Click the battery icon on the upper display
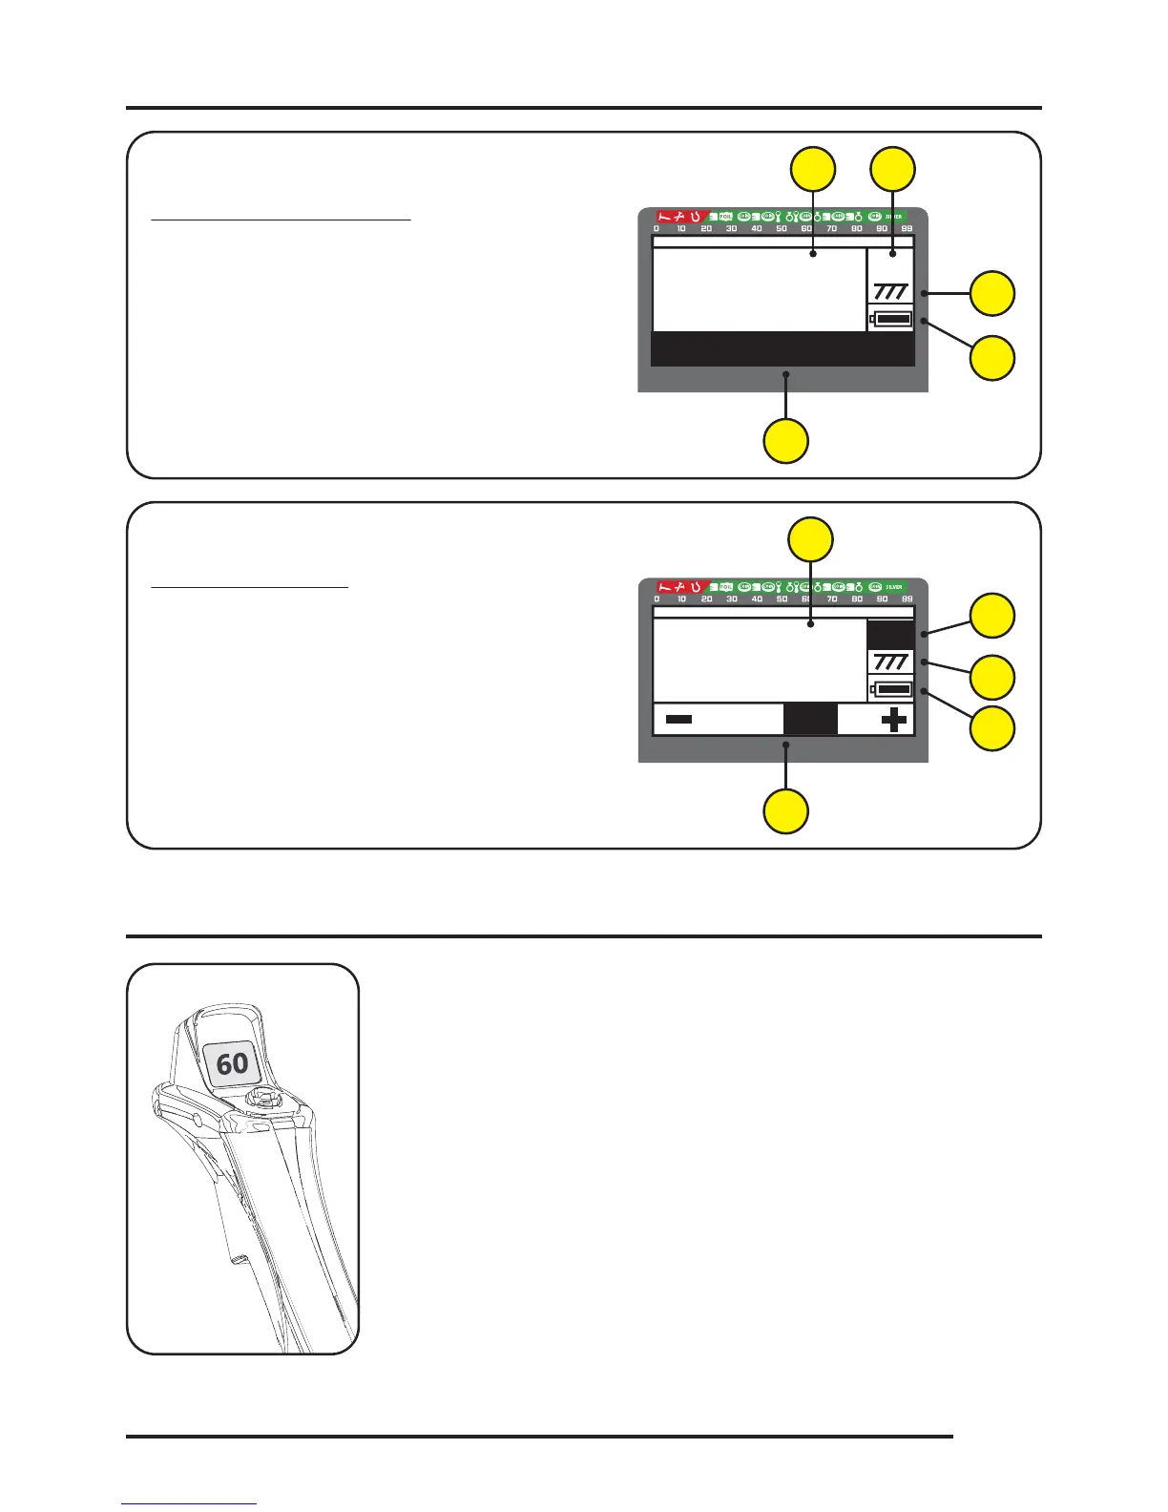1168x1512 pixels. click(x=891, y=319)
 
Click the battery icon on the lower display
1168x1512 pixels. click(x=891, y=689)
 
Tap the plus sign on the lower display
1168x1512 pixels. click(x=894, y=719)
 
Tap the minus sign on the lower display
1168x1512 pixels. click(x=678, y=719)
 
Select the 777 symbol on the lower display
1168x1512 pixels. click(x=890, y=661)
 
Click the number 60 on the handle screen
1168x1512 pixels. click(x=232, y=1063)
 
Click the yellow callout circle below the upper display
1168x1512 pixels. click(x=786, y=441)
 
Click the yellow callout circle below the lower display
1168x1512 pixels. click(x=786, y=811)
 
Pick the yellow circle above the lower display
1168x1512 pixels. click(x=811, y=539)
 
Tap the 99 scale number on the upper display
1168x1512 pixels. click(x=907, y=229)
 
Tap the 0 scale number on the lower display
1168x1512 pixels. click(x=657, y=599)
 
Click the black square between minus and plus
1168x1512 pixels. click(x=810, y=719)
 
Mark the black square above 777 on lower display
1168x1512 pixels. click(x=890, y=635)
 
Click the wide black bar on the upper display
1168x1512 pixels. click(x=782, y=349)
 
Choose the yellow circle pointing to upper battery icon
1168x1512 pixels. click(x=992, y=359)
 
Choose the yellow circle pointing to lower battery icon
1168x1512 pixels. click(x=992, y=729)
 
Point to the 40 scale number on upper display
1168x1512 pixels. click(x=757, y=229)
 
